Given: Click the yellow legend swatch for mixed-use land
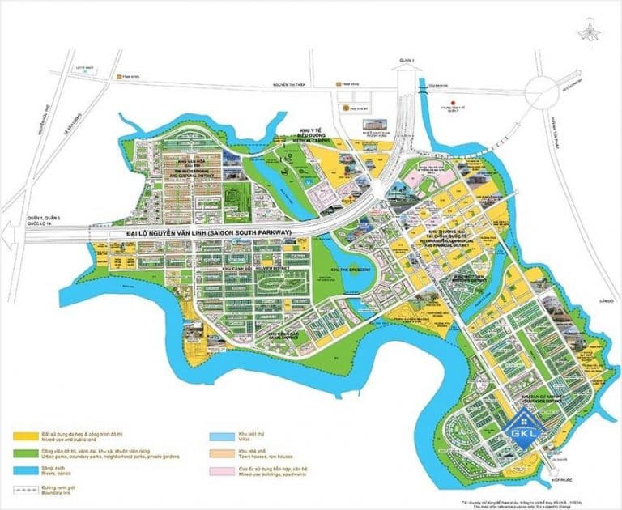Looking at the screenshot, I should click(22, 434).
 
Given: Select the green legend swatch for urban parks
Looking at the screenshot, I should click(22, 451).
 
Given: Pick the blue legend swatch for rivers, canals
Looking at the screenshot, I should click(22, 468).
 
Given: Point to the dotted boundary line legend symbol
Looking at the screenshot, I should click(22, 485).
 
